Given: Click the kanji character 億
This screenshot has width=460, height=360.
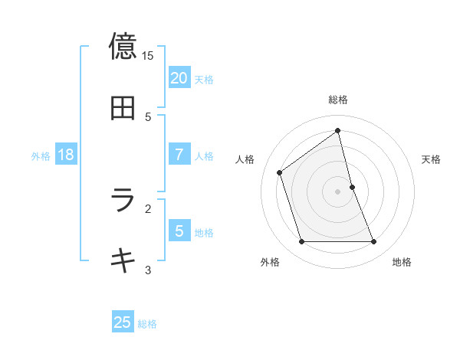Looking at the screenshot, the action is coord(123,46).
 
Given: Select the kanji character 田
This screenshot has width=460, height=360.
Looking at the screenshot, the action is coord(123,109).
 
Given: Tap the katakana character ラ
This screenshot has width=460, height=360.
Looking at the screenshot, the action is coord(123,200).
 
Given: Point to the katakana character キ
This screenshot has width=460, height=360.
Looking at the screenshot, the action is coord(123,260).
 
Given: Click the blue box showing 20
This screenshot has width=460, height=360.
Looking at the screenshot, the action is coord(179,78).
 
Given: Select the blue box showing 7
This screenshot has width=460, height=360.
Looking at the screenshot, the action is coord(179,155).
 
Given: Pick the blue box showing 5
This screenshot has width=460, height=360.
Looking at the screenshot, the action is coord(179,231).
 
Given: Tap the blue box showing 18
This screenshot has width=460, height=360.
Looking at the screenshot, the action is coord(66,155).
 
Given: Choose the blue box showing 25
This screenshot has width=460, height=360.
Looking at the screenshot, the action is coord(123,322).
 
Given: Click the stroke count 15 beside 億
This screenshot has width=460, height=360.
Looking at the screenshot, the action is coord(148,56).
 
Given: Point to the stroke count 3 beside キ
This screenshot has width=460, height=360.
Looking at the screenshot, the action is coord(148,270).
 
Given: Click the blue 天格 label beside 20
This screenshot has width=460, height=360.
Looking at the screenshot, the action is coord(204,80).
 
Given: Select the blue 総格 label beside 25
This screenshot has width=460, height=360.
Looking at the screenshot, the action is coord(147,324).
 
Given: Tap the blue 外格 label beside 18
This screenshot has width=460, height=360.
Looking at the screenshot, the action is coord(41,156).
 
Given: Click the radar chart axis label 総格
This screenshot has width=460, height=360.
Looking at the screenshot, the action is coord(338,100).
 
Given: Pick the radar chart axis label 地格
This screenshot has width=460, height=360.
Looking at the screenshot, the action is coord(402,263).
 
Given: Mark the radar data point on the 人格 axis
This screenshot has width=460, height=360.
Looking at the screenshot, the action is coord(280,172).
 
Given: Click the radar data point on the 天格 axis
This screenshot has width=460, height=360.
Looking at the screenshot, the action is coord(352,187).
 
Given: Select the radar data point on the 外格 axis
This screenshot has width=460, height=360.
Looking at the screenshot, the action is coord(301,242).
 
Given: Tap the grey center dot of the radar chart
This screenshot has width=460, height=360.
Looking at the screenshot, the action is coord(338,191).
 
